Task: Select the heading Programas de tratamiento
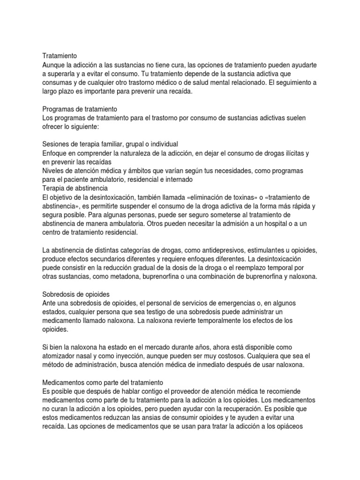point(80,109)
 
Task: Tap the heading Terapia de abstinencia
point(75,188)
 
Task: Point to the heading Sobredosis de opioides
point(75,294)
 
